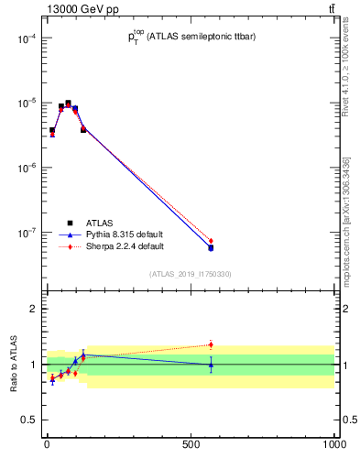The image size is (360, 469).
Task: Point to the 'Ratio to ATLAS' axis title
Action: (x=15, y=365)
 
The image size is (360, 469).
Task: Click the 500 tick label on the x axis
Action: (x=191, y=444)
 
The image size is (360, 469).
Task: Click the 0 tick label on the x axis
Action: (x=47, y=444)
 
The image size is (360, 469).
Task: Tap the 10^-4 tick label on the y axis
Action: (x=26, y=38)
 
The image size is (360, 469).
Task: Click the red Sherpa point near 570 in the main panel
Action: (x=211, y=241)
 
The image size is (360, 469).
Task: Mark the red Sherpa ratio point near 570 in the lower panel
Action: (x=211, y=345)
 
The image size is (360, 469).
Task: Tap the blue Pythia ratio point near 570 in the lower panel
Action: (x=211, y=365)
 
